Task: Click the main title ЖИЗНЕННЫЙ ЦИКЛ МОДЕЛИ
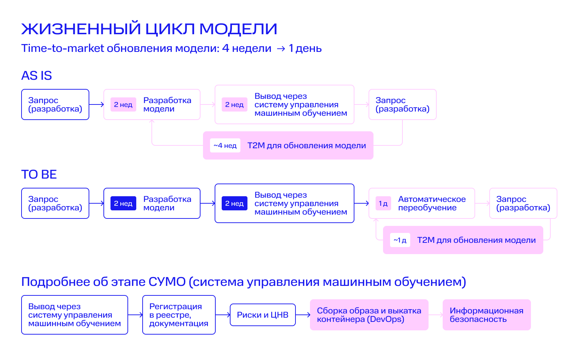[149, 29]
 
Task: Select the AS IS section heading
[37, 76]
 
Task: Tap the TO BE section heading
[39, 174]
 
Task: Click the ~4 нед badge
[225, 145]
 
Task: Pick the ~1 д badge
[400, 240]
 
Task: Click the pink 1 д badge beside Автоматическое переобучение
[383, 203]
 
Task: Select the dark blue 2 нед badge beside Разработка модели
[123, 203]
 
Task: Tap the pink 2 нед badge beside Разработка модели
[123, 105]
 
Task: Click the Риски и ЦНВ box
[263, 315]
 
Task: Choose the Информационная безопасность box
[486, 315]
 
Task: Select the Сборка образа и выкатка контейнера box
[369, 315]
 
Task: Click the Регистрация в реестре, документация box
[179, 315]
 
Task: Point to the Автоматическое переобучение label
[432, 203]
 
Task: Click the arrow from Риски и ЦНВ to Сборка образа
[303, 315]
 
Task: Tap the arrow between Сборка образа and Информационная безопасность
[436, 315]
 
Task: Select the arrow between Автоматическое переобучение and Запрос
[482, 203]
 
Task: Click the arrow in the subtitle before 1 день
[281, 49]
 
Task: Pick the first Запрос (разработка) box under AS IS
[55, 105]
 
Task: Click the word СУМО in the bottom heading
[167, 282]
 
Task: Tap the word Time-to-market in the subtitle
[62, 48]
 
